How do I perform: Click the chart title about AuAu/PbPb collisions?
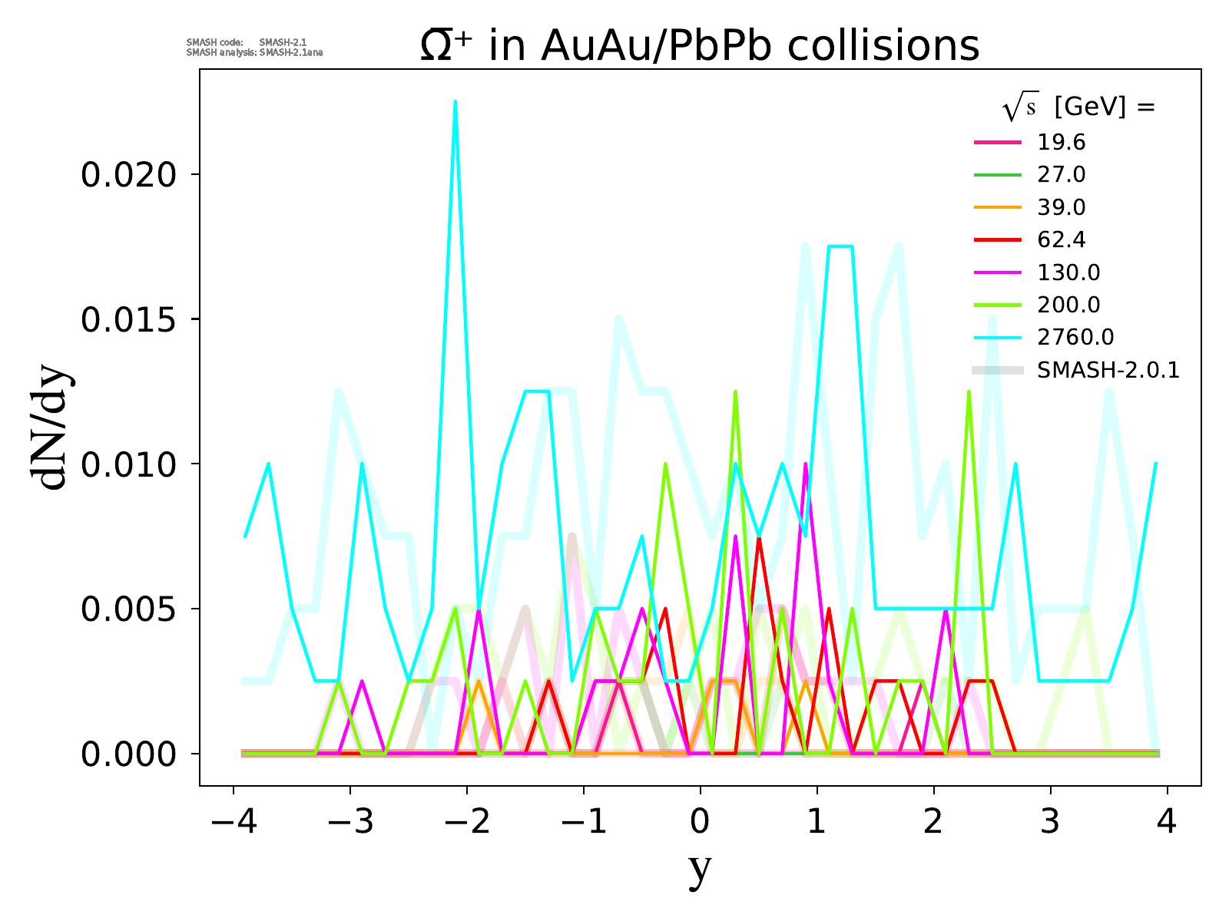pos(700,46)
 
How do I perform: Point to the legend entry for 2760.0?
pos(1075,338)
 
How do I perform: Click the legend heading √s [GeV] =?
pos(1078,108)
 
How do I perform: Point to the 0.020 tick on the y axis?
pos(130,175)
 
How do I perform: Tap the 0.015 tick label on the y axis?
pos(130,319)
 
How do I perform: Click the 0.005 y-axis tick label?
pos(130,609)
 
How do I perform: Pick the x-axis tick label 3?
pos(1051,822)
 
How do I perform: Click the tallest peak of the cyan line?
pos(455,102)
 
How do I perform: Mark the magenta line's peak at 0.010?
pos(806,464)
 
